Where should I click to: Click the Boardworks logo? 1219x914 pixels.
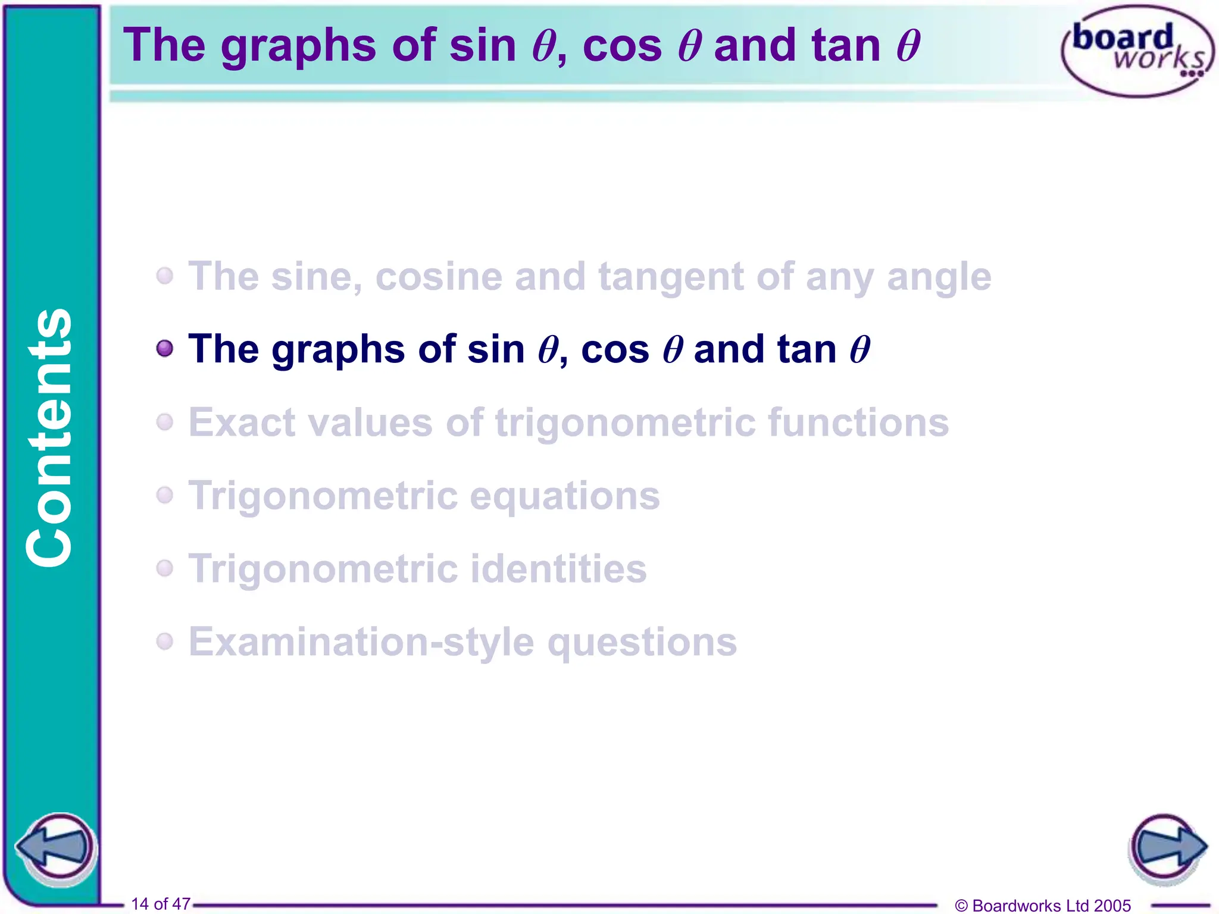[x=1137, y=51]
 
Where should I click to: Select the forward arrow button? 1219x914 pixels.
[x=1167, y=847]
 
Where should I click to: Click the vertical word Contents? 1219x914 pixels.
[x=50, y=437]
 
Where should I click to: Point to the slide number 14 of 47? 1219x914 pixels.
[x=161, y=903]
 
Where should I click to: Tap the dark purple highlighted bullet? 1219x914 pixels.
[x=165, y=348]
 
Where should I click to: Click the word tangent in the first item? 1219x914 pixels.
[x=670, y=277]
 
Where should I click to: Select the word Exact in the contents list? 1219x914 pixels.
[x=242, y=422]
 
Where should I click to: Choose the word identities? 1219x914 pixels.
[x=558, y=568]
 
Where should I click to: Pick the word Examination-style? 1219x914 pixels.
[x=361, y=642]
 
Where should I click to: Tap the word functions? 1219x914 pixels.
[x=858, y=422]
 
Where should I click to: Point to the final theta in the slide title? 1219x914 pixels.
[x=908, y=46]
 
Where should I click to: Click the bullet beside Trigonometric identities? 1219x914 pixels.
[x=165, y=568]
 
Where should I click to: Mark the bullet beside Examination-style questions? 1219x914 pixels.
[x=165, y=641]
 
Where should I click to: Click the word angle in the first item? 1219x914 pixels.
[x=939, y=277]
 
